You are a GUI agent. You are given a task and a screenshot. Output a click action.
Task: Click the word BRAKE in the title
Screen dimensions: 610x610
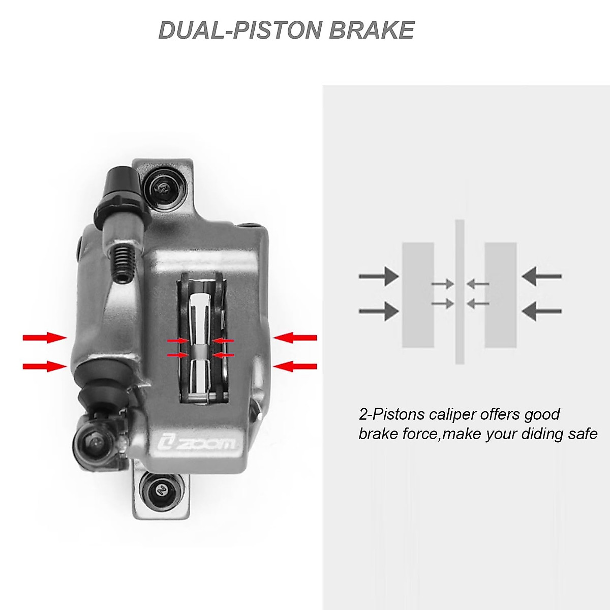[x=372, y=30]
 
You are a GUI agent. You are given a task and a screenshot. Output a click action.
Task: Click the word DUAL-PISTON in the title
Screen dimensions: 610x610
[x=241, y=30]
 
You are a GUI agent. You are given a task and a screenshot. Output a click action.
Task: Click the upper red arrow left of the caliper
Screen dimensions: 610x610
[x=45, y=338]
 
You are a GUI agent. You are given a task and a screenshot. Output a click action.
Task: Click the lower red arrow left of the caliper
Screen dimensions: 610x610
[x=45, y=366]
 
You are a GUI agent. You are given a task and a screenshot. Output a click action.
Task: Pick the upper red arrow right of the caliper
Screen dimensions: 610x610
[x=295, y=338]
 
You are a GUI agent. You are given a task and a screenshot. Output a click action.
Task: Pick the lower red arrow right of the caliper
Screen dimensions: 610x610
[x=295, y=366]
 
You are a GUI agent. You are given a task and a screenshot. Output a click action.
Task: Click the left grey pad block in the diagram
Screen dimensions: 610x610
[x=418, y=295]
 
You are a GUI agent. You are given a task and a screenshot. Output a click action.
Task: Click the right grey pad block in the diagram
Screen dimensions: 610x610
[x=501, y=295]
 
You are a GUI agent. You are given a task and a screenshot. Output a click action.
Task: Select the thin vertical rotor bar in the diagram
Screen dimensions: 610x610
[x=460, y=292]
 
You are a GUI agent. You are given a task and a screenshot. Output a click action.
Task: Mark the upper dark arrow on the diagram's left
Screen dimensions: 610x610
[x=379, y=276]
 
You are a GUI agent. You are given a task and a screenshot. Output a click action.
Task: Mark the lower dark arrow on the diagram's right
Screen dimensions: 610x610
[x=541, y=311]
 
